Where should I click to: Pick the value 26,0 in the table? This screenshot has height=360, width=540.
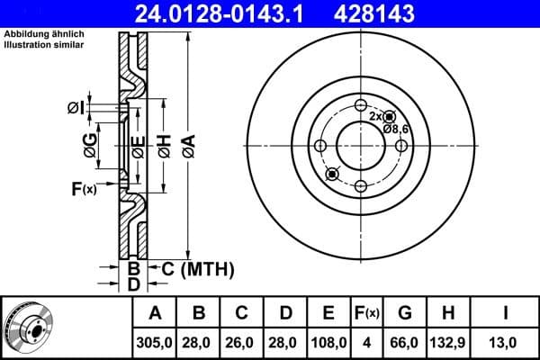point(242,343)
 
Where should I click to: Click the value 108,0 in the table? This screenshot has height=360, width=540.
point(328,343)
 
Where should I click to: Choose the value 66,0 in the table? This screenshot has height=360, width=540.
point(405,343)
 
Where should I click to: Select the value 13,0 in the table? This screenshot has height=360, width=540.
point(507,343)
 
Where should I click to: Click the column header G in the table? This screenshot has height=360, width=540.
point(405,313)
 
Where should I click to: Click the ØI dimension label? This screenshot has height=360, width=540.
point(76,109)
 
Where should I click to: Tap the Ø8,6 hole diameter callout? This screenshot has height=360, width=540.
point(397,130)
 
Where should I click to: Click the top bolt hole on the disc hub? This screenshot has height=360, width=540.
point(360,103)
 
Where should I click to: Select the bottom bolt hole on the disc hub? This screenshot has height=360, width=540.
point(360,186)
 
